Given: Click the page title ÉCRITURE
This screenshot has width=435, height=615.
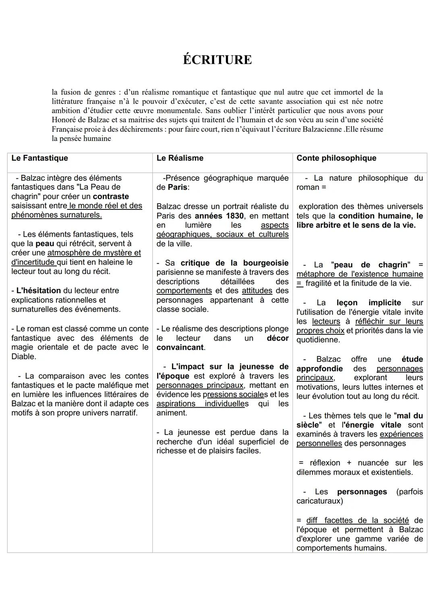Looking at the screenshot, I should click(217, 60).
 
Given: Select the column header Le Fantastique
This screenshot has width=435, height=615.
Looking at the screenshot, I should click(39, 158).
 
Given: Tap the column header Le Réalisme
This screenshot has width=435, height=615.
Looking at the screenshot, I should click(180, 158).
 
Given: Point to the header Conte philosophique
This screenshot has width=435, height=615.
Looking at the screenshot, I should click(336, 158).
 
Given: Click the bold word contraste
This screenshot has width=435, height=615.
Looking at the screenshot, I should click(111, 197).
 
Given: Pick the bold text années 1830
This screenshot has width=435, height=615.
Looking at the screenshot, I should click(219, 216).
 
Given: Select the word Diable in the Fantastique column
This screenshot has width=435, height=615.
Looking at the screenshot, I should click(23, 356).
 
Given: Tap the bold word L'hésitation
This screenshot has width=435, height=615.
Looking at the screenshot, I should click(38, 291).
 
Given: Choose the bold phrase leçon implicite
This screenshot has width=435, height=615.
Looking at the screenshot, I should click(369, 303).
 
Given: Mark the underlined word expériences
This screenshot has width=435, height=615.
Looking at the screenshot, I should click(401, 434).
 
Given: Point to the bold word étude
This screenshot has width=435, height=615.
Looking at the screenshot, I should click(412, 359).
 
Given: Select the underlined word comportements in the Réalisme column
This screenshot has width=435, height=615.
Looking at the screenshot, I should click(184, 291).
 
